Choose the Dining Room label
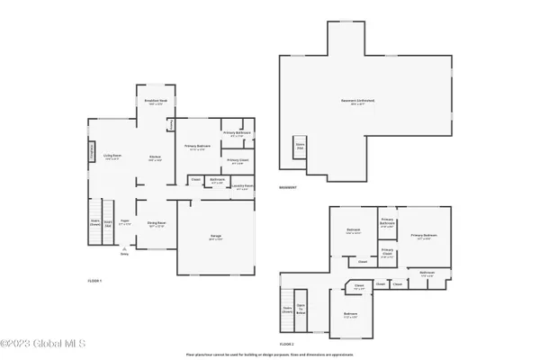pos(155,225)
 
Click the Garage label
pos(216,238)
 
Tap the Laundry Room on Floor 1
pos(240,187)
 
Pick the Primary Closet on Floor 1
pos(237,161)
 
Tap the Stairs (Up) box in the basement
pos(299,146)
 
